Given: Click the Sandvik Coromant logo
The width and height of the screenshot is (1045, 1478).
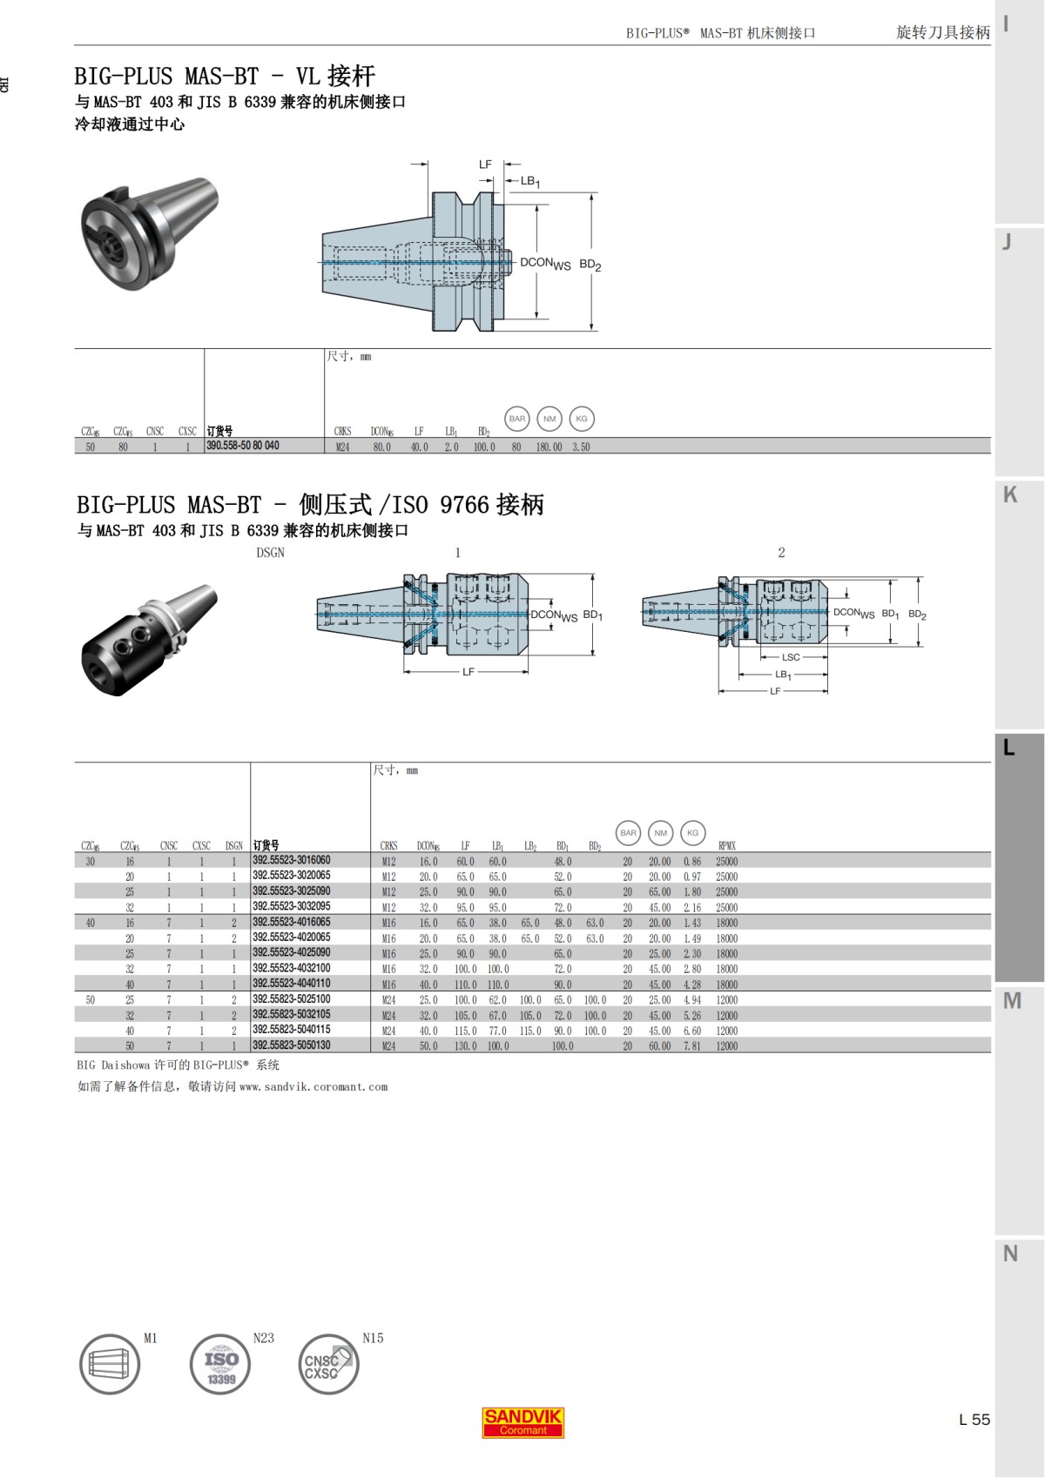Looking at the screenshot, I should (x=522, y=1421).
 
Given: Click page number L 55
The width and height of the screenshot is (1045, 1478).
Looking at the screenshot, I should (x=974, y=1419).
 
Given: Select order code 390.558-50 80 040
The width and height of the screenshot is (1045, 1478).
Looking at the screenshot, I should (x=243, y=446).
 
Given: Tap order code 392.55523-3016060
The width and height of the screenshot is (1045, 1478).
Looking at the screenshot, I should (x=291, y=860).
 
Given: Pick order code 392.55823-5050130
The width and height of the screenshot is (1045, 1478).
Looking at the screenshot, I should (x=291, y=1045).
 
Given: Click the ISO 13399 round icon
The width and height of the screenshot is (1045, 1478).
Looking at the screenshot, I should (x=220, y=1364).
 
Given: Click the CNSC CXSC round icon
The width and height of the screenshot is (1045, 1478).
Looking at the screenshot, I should (x=327, y=1364).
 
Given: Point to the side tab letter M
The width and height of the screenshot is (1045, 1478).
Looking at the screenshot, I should (x=1011, y=1001).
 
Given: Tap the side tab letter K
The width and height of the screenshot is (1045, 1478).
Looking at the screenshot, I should (x=1010, y=494).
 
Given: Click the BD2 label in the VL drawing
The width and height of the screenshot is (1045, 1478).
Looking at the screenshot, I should (x=590, y=265).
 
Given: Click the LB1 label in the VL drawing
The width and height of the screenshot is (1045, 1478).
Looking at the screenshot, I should (x=530, y=181).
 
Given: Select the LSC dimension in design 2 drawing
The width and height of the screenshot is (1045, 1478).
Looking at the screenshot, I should (x=790, y=657).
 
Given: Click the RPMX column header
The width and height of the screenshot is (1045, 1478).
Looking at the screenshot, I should (x=726, y=845).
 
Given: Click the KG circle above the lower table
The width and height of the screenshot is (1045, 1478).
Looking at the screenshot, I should (x=692, y=833).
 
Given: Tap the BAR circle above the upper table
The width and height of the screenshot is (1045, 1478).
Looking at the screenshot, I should (x=517, y=419).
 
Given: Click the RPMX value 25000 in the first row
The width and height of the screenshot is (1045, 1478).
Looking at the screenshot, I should (x=726, y=861).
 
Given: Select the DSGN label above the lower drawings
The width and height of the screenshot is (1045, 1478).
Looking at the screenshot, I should (x=270, y=553).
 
